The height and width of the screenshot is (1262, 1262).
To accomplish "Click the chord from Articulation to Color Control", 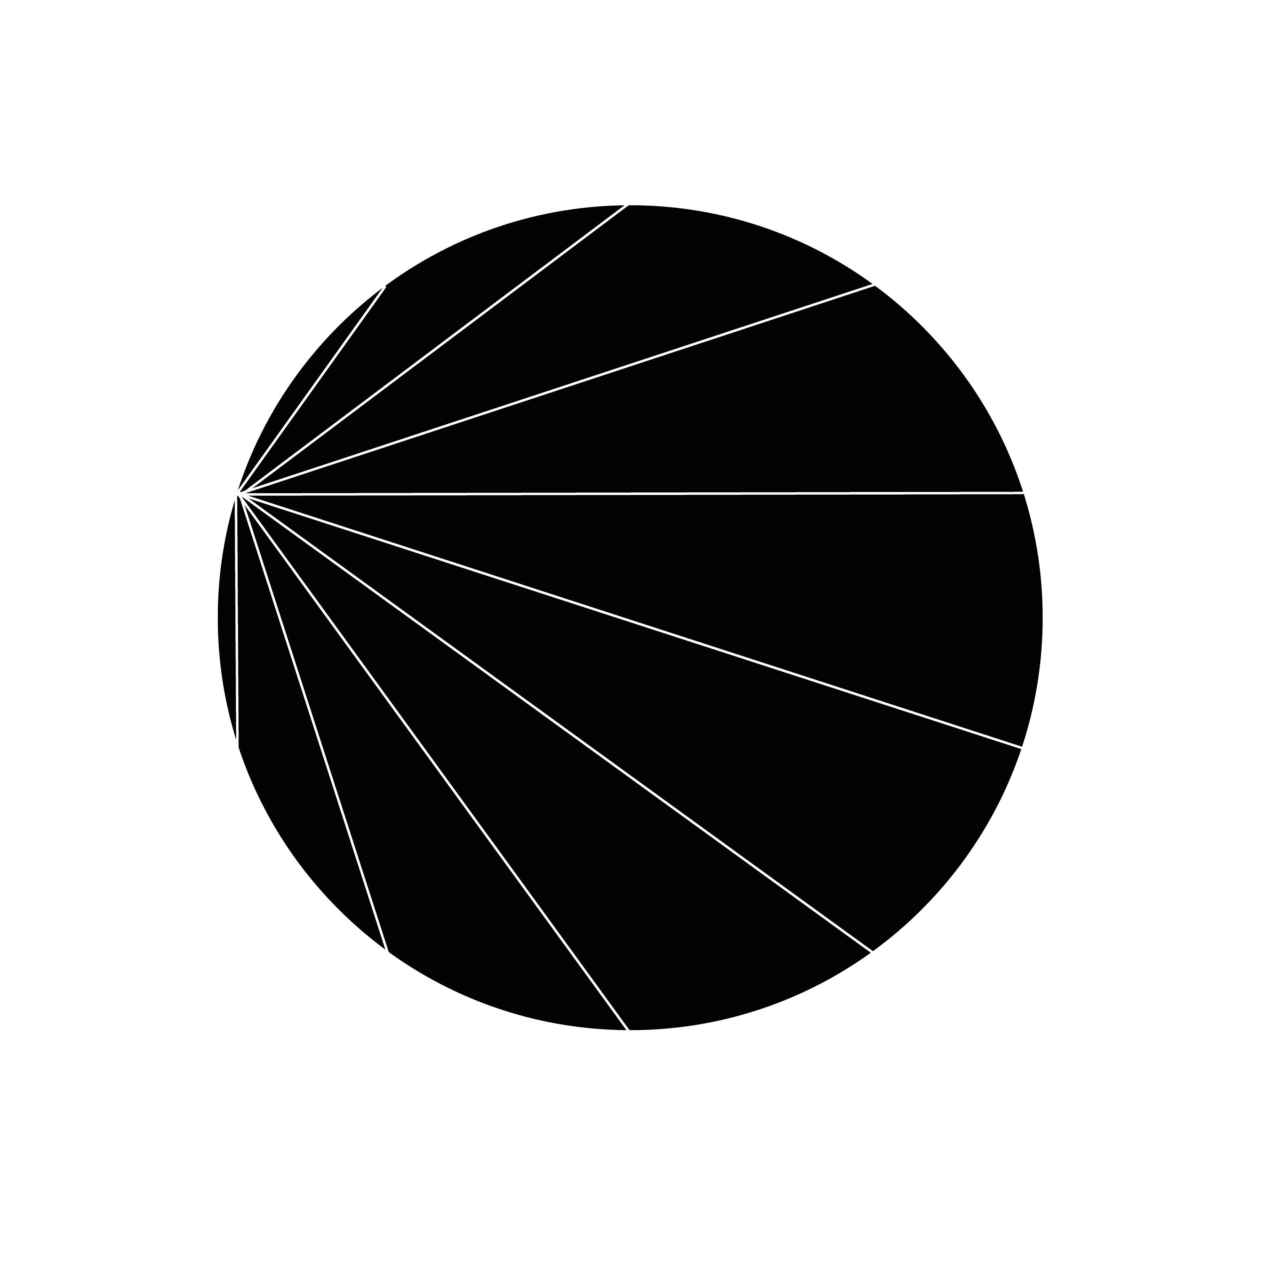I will tap(630, 494).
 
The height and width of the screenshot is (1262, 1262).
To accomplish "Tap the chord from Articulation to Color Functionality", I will tap(630, 621).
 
